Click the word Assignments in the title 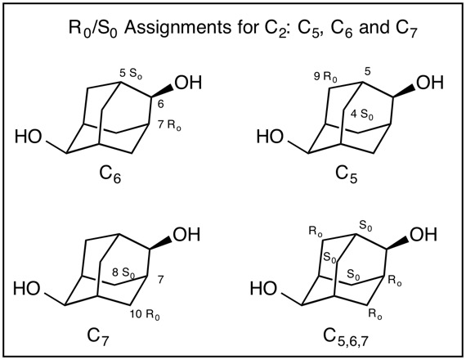[177, 28]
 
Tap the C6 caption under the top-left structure [110, 174]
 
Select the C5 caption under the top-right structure [347, 174]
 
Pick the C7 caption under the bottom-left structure [98, 337]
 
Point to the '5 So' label [131, 74]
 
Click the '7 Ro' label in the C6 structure [169, 125]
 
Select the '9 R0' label [325, 77]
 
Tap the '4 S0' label [362, 115]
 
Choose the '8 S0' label [123, 273]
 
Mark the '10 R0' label [145, 315]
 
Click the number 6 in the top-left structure [160, 104]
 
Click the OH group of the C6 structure [188, 83]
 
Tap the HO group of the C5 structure [270, 137]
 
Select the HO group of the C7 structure [26, 289]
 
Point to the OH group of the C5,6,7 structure [423, 235]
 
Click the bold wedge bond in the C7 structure [160, 243]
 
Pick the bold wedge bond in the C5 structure [404, 91]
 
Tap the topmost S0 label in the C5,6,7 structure [365, 226]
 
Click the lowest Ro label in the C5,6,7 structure [375, 314]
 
